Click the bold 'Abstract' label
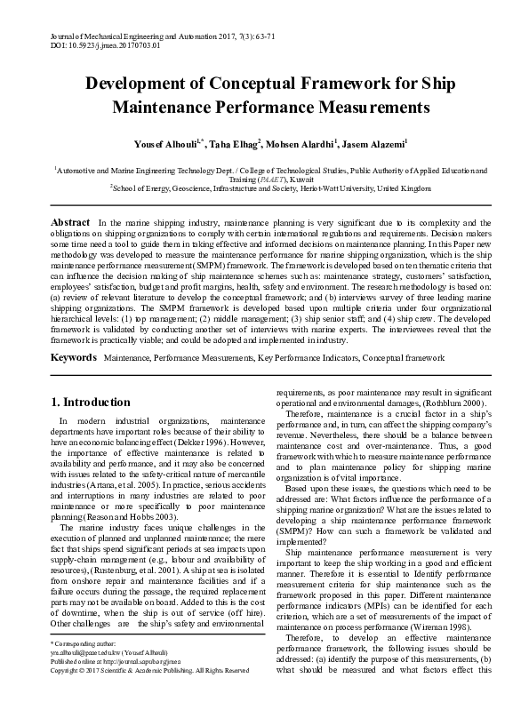click(69, 222)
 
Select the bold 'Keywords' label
click(73, 357)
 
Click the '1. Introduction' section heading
click(90, 403)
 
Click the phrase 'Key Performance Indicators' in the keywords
click(318, 358)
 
